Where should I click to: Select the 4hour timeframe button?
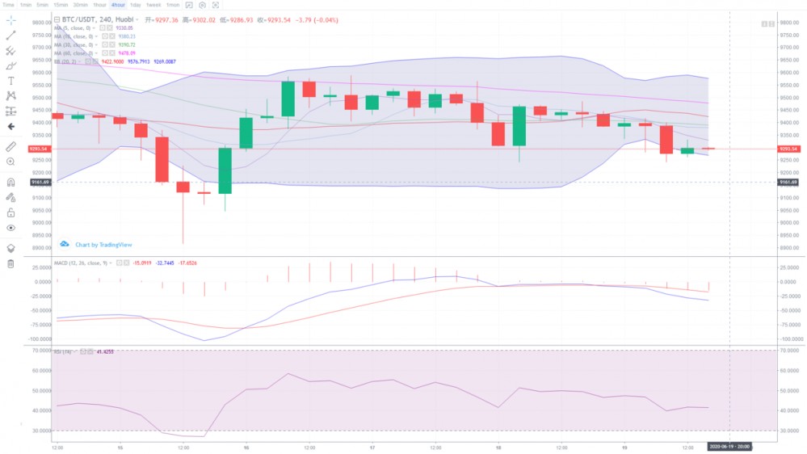(x=118, y=5)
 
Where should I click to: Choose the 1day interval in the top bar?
(x=136, y=5)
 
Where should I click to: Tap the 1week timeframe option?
(x=153, y=5)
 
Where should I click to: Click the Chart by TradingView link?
(x=103, y=244)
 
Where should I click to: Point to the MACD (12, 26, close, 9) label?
(x=82, y=263)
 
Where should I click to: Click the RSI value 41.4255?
(x=104, y=352)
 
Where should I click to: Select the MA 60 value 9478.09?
(x=127, y=53)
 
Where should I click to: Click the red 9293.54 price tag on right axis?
(x=788, y=149)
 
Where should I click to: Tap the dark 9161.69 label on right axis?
(x=788, y=182)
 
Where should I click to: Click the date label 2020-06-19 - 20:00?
(x=730, y=446)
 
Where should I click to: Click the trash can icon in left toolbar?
(x=11, y=263)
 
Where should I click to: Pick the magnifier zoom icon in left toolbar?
(x=11, y=162)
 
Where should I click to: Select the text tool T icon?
(x=11, y=81)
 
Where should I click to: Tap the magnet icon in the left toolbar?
(x=11, y=182)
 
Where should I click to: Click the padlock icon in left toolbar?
(x=11, y=212)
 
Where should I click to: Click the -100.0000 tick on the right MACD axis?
(x=791, y=339)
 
